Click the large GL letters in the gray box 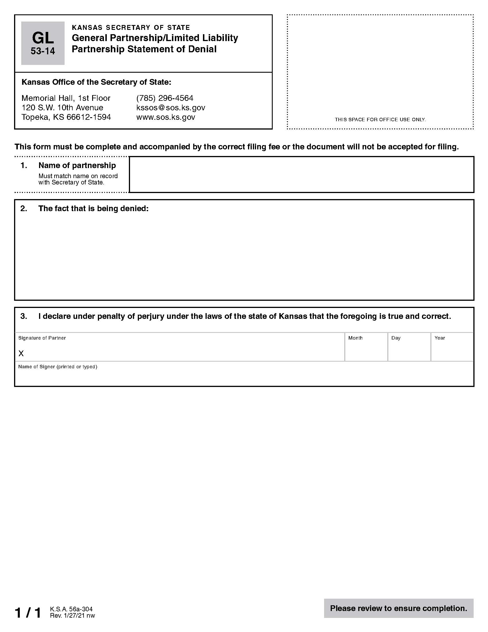click(x=43, y=38)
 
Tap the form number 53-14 click(x=43, y=51)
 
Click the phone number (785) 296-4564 click(x=164, y=98)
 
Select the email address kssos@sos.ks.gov click(x=171, y=108)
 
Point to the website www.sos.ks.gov click(x=166, y=117)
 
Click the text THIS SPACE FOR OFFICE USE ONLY click(x=380, y=120)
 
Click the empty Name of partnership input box click(x=301, y=174)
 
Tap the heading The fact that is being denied click(x=93, y=209)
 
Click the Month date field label click(x=355, y=338)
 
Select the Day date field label click(x=396, y=338)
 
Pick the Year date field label click(x=439, y=338)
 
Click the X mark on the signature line click(x=21, y=353)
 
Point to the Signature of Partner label click(x=42, y=338)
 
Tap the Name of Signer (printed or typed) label click(x=57, y=367)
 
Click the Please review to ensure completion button click(x=398, y=608)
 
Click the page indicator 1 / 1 click(x=28, y=613)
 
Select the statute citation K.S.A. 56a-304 click(x=71, y=609)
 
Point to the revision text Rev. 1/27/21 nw click(x=72, y=616)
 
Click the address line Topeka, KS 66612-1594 click(x=66, y=117)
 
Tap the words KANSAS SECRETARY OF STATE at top click(x=131, y=28)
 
